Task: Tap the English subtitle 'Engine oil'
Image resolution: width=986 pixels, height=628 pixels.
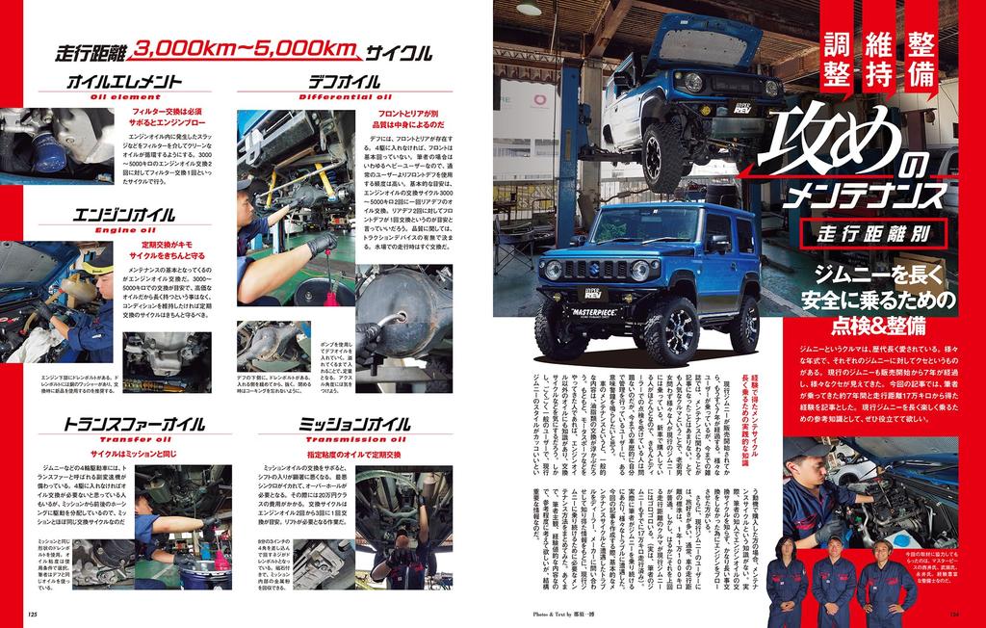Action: [x=114, y=230]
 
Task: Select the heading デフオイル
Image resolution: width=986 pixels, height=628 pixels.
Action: [x=344, y=83]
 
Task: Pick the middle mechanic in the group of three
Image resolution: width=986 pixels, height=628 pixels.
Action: [x=834, y=576]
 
